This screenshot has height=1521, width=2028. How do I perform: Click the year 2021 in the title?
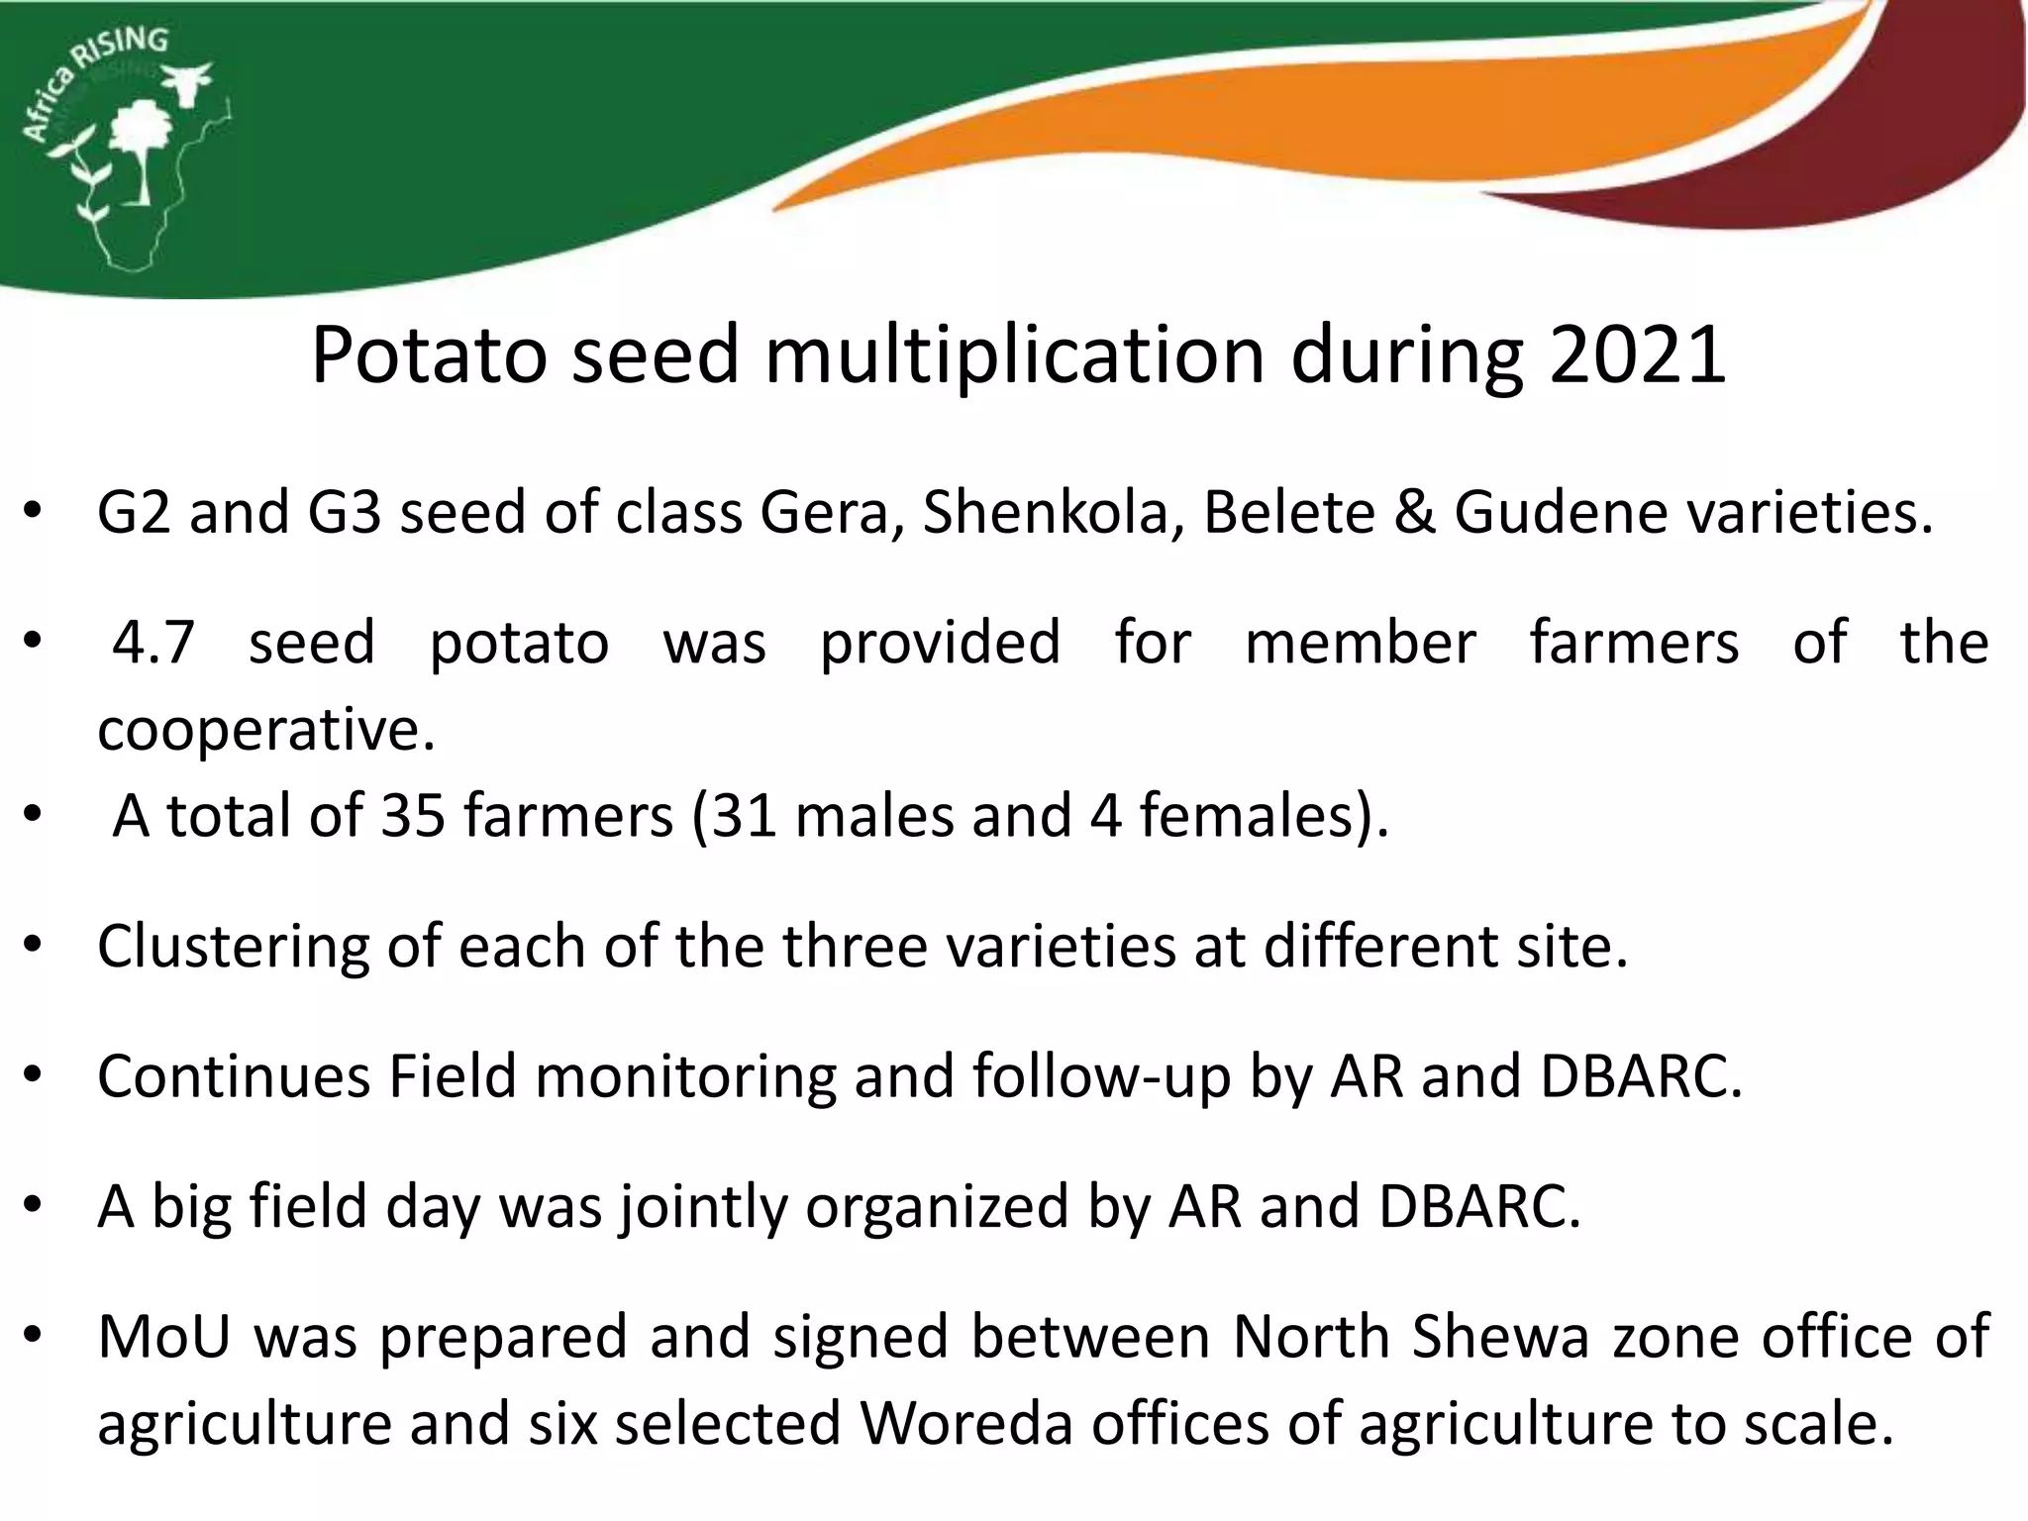[x=1638, y=355]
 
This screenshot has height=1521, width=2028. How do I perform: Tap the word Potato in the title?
[x=427, y=355]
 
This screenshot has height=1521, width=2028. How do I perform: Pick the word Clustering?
[x=233, y=947]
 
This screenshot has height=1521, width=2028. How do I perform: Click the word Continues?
[x=234, y=1076]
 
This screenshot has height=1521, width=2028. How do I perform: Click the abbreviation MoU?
[x=164, y=1337]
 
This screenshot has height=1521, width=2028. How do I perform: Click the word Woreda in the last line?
[x=966, y=1424]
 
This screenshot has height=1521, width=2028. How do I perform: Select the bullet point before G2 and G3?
[x=33, y=513]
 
